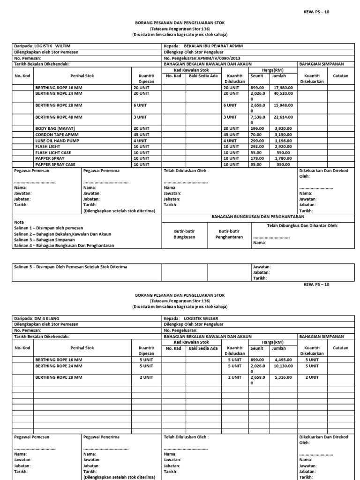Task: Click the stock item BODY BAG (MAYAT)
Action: point(55,128)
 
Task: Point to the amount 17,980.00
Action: point(283,87)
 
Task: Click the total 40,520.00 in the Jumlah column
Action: point(283,93)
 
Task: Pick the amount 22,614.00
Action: point(283,117)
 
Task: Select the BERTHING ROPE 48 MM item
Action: point(59,117)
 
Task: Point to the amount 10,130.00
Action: point(283,366)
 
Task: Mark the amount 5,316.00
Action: point(283,377)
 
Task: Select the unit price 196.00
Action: point(257,128)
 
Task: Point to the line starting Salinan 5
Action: point(70,267)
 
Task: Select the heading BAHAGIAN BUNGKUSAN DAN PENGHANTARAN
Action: point(257,217)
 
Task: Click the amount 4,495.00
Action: point(283,360)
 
